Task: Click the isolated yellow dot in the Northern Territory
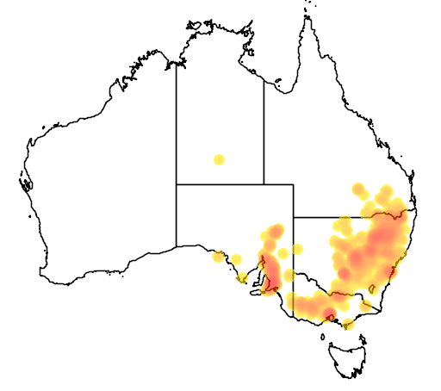[x=220, y=159]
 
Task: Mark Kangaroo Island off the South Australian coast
[x=257, y=293]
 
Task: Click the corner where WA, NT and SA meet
[x=177, y=183]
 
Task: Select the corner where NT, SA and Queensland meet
[x=264, y=183]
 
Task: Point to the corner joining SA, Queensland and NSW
[x=294, y=217]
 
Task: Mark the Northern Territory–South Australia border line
[x=220, y=183]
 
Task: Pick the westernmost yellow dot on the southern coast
[x=218, y=256]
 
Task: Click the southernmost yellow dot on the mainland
[x=348, y=325]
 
